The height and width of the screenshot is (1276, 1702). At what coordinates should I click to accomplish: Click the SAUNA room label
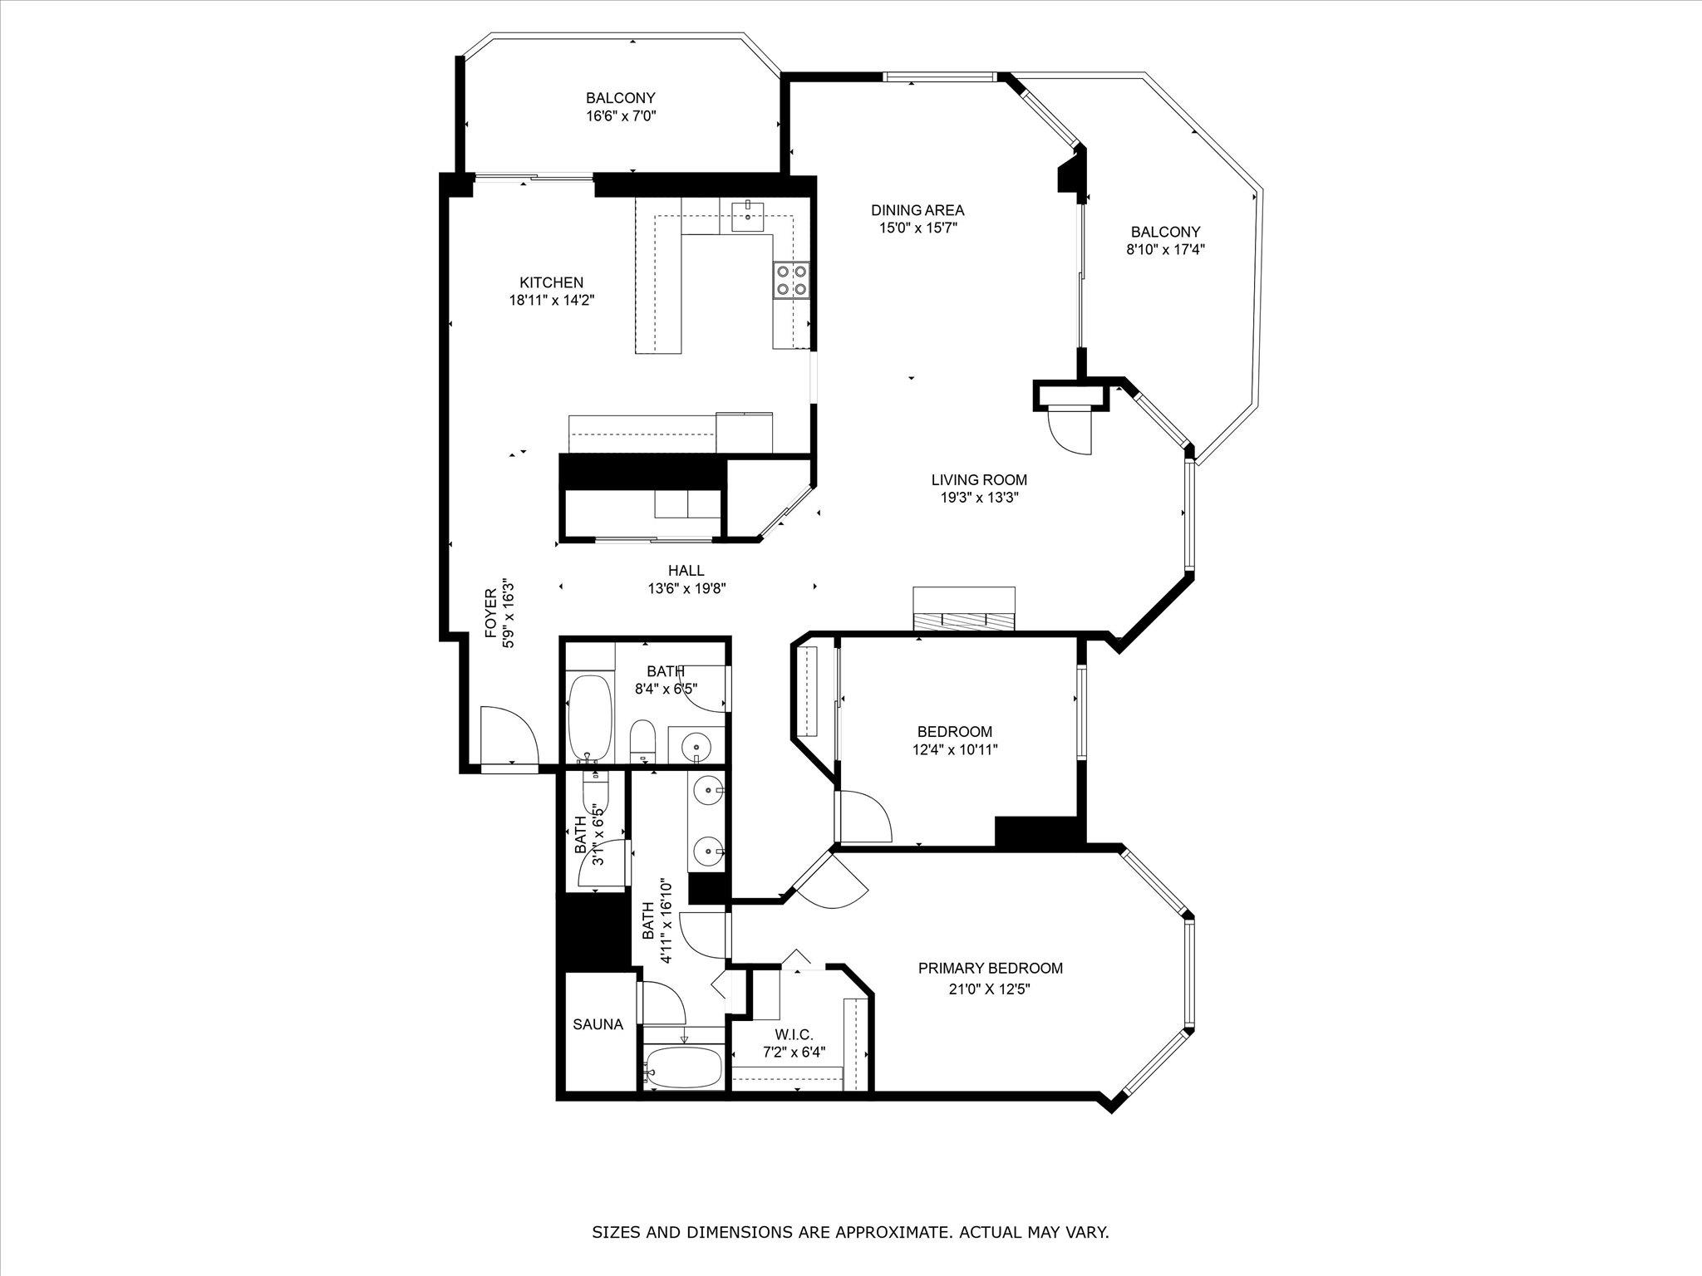coord(598,1024)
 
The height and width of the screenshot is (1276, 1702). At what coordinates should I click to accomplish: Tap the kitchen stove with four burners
coord(790,279)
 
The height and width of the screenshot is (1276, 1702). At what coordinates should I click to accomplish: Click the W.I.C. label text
coord(793,1034)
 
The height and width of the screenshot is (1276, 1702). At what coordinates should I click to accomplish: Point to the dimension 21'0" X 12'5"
coord(990,989)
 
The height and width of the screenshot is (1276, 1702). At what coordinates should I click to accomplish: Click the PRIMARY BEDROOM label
coord(990,968)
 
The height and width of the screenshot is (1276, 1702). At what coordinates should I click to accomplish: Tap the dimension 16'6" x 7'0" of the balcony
coord(621,116)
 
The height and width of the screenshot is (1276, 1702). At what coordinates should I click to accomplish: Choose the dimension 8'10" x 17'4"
coord(1165,249)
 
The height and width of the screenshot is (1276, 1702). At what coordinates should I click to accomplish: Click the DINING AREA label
coord(917,210)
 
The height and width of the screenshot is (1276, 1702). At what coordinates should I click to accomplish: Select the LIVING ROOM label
coord(978,479)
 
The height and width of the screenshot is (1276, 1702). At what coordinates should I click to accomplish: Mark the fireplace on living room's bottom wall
coord(964,611)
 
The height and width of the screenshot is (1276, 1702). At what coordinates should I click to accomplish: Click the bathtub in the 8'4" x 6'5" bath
coord(589,717)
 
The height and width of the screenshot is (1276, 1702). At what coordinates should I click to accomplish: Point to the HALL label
coord(686,571)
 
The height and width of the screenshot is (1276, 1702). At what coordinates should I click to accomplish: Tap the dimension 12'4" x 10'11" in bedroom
coord(954,750)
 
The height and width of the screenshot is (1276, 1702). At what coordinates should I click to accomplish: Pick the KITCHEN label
coord(552,282)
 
